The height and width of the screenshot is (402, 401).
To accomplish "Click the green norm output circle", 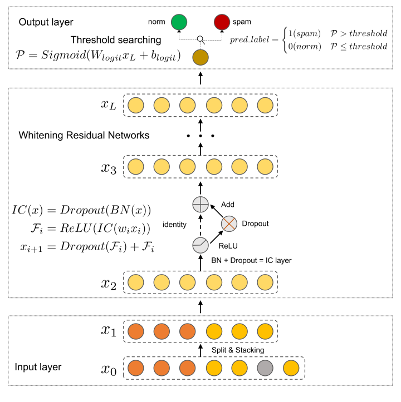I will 179,22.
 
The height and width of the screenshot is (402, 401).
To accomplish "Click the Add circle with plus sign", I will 199,204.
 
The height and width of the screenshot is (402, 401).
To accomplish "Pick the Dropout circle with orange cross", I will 229,224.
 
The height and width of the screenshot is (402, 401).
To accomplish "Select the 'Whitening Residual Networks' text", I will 84,135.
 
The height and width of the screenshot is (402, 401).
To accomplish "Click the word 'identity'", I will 175,224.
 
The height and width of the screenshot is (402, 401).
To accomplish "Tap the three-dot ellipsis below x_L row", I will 200,135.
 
